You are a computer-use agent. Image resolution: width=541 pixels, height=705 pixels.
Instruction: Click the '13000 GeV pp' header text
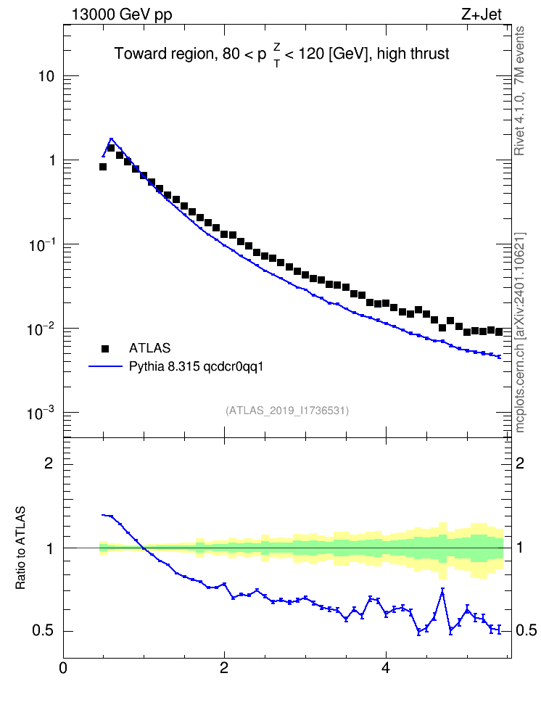(x=122, y=15)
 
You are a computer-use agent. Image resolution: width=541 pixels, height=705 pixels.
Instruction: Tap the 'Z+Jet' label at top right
(x=482, y=15)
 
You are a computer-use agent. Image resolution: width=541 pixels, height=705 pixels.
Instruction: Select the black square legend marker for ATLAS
(x=105, y=348)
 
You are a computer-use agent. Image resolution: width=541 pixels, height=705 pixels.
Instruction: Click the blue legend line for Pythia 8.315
(x=105, y=366)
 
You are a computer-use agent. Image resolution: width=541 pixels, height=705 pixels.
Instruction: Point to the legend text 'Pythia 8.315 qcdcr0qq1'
(x=196, y=367)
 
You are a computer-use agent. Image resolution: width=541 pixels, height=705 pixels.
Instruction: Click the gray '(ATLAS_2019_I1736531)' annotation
(x=287, y=411)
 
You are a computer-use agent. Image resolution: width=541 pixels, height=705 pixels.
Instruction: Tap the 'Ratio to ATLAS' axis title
(x=20, y=548)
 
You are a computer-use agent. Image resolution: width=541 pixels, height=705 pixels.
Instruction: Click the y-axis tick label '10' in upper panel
(x=46, y=76)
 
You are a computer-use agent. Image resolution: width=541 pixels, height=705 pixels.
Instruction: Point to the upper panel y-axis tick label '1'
(x=51, y=160)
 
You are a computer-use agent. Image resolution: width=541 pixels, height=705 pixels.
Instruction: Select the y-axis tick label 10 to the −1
(x=41, y=244)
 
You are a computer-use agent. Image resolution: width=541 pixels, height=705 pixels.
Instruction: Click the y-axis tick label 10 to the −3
(x=41, y=413)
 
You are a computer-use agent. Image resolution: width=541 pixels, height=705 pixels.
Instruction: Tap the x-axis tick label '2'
(x=224, y=668)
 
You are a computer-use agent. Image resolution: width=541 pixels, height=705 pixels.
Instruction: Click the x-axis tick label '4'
(x=385, y=668)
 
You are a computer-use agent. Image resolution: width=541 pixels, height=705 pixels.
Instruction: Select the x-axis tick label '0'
(x=63, y=668)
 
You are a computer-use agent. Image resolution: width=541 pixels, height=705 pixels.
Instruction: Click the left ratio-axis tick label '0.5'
(x=44, y=631)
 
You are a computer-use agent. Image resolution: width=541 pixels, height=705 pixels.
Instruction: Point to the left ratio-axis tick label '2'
(x=49, y=463)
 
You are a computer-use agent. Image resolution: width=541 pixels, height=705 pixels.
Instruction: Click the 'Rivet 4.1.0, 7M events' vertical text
(x=519, y=91)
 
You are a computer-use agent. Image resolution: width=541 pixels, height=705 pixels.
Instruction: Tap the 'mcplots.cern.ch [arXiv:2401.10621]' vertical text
(x=519, y=332)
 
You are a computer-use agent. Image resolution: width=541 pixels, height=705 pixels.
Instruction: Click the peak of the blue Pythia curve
(x=111, y=139)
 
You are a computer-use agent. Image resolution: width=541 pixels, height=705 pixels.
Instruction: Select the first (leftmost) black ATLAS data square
(x=102, y=167)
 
